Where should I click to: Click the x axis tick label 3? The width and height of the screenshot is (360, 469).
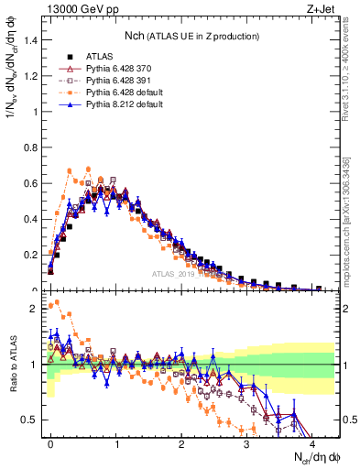pyautogui.click(x=246, y=442)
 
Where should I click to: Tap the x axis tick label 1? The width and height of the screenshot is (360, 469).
pyautogui.click(x=115, y=442)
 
